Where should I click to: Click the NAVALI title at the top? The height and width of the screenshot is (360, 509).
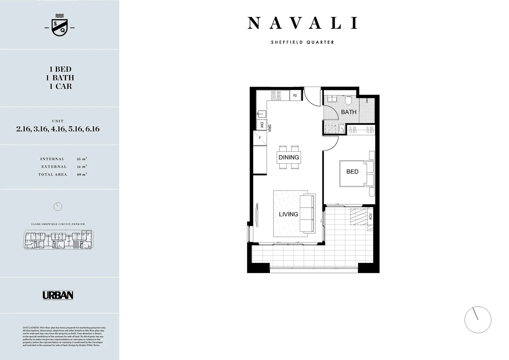tap(302, 23)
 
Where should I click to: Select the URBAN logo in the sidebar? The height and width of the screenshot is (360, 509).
tap(58, 295)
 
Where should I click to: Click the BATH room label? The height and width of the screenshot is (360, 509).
tap(348, 112)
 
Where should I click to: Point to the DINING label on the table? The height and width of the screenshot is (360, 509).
tap(288, 157)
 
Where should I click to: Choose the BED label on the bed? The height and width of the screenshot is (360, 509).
tap(352, 172)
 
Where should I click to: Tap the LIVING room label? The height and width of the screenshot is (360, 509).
tap(288, 214)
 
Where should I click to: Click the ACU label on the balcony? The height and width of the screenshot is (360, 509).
tap(370, 217)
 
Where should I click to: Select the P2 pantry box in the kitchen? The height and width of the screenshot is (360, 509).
tap(295, 96)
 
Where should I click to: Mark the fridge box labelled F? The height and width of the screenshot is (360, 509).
tap(260, 138)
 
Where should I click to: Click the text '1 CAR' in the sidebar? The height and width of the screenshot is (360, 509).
tap(60, 86)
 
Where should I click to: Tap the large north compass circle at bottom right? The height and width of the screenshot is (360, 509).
tap(478, 320)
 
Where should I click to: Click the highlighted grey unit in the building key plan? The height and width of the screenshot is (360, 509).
tap(76, 245)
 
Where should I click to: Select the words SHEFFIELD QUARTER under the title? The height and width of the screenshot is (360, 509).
tap(302, 42)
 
